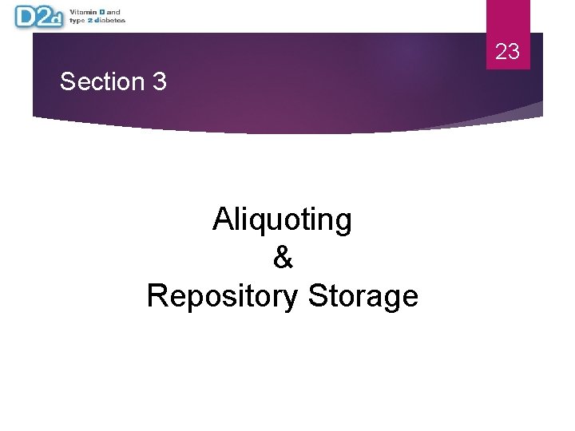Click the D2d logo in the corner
38,16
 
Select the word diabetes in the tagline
110,20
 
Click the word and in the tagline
113,12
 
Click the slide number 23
507,53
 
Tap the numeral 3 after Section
159,81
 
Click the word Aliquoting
282,219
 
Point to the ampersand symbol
283,258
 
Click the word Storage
363,296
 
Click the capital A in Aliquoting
223,219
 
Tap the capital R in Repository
157,295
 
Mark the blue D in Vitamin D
102,12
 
